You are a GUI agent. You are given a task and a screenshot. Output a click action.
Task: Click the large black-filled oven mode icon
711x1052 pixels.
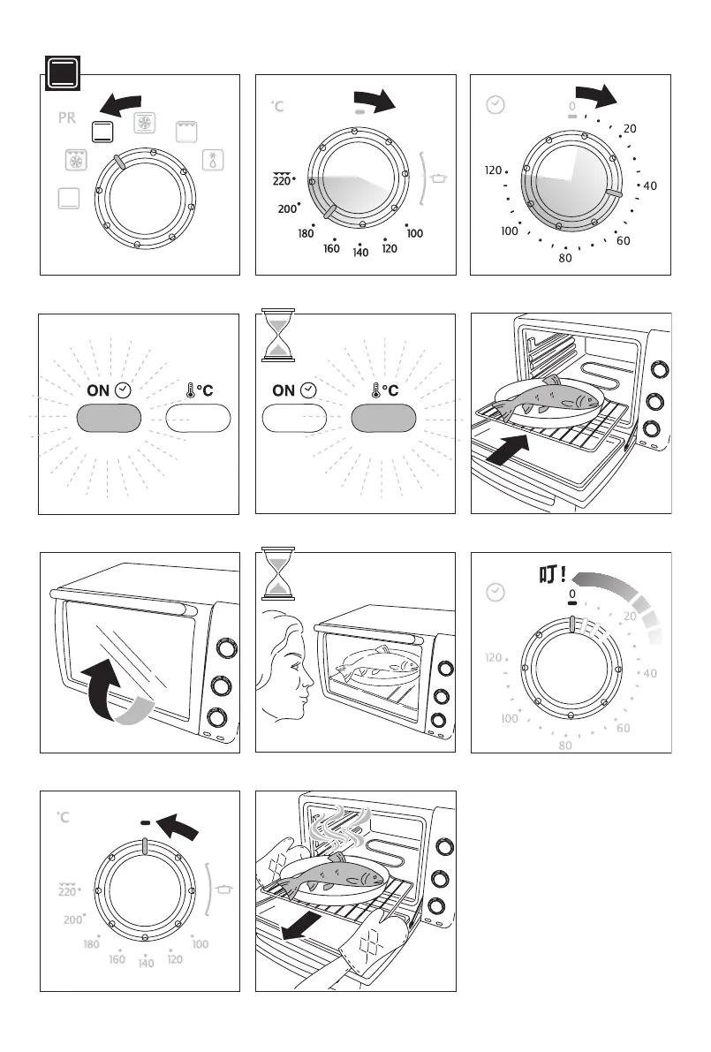pyautogui.click(x=62, y=73)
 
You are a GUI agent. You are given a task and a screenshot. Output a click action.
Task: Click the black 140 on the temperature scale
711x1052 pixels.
pyautogui.click(x=360, y=254)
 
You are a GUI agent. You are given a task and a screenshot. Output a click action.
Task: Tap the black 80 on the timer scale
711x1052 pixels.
pyautogui.click(x=565, y=259)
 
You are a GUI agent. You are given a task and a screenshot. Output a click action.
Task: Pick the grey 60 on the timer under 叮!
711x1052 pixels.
pyautogui.click(x=623, y=729)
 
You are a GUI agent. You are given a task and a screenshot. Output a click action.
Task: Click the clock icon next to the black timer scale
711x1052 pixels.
pyautogui.click(x=496, y=105)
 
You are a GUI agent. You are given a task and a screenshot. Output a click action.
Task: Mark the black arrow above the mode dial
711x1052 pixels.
pyautogui.click(x=123, y=105)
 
